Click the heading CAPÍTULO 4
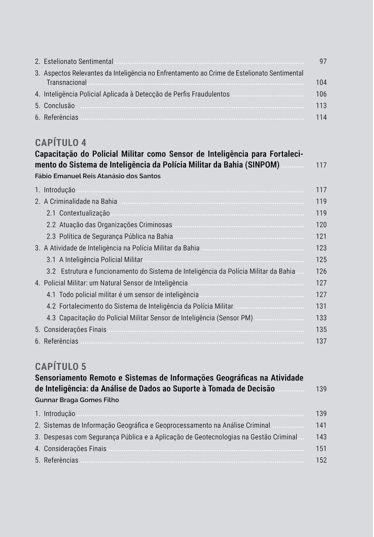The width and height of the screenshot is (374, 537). click(x=60, y=143)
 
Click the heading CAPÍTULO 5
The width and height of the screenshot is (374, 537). click(x=60, y=366)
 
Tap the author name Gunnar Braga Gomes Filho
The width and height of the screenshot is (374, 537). click(x=77, y=400)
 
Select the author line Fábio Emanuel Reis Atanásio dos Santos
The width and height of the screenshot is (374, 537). click(x=98, y=176)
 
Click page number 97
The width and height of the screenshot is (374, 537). click(x=323, y=62)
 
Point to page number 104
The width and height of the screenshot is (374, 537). click(x=321, y=82)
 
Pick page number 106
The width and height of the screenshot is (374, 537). click(x=321, y=94)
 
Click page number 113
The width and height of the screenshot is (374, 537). click(x=321, y=106)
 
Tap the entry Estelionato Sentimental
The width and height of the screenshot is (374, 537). click(x=79, y=62)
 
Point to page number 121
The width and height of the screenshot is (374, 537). click(x=321, y=236)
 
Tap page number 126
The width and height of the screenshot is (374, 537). click(x=321, y=272)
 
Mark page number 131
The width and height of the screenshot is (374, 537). click(x=321, y=307)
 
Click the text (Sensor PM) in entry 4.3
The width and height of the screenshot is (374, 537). click(x=235, y=318)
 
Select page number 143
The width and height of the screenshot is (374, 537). click(x=321, y=437)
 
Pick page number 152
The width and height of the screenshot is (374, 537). click(x=321, y=460)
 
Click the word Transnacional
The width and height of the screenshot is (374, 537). click(x=66, y=82)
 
